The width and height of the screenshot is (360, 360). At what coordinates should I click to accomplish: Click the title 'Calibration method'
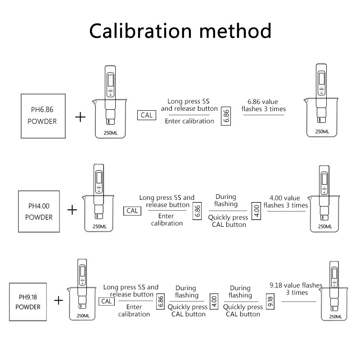coord(180,31)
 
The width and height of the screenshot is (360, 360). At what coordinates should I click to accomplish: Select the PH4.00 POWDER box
coord(39,211)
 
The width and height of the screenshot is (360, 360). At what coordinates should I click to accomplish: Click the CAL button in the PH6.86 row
coord(147,115)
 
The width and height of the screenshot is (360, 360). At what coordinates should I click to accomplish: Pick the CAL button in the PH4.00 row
coord(132,211)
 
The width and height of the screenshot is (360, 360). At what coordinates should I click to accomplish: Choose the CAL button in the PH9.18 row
coord(107,301)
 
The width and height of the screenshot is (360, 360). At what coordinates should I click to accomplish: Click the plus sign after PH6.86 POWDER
coord(80,117)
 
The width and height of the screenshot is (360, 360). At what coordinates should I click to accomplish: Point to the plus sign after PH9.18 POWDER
coord(58,300)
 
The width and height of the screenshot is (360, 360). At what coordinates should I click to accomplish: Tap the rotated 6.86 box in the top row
coord(226,116)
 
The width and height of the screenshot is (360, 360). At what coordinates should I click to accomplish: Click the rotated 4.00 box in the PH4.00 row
coord(257,210)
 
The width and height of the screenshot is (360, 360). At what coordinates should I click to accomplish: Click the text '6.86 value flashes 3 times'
coord(264,105)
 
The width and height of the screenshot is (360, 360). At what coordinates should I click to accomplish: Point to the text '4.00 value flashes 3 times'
coord(285,202)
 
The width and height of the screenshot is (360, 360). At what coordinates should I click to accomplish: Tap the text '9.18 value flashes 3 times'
coord(296,289)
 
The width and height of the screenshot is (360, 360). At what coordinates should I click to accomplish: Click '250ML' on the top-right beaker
coord(322,131)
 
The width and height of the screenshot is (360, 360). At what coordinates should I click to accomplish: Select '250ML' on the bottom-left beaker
coord(83,316)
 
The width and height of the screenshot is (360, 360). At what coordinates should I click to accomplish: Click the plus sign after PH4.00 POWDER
coord(72,210)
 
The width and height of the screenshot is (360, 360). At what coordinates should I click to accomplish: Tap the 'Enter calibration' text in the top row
coord(189,121)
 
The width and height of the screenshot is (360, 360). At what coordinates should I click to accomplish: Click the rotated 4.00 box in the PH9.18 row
coord(214,301)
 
